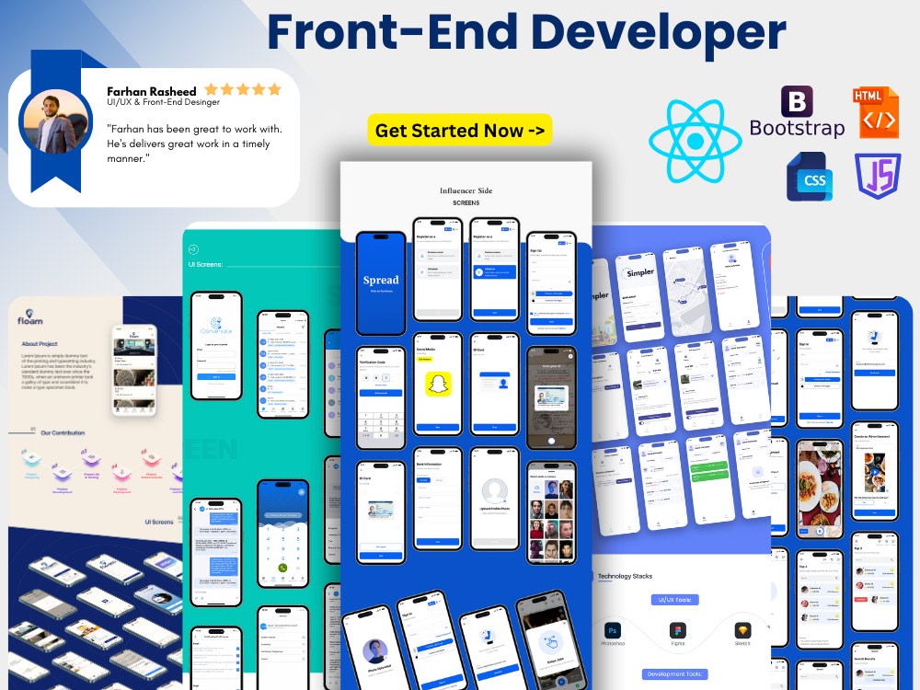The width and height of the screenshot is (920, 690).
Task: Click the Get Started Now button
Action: pos(460,131)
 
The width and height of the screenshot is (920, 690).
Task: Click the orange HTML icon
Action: pos(875,112)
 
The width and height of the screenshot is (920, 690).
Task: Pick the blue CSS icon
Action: pos(810,177)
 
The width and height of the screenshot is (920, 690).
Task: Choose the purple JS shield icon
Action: pos(878,176)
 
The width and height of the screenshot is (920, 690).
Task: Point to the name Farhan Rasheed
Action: pos(151,90)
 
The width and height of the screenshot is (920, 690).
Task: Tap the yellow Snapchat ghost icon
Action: pos(438,382)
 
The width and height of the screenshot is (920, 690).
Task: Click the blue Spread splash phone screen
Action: pos(381,282)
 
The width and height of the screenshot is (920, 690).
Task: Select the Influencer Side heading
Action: pos(466,190)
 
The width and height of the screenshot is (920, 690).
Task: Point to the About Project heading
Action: pos(42,344)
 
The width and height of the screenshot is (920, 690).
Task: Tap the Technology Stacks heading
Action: pos(625,576)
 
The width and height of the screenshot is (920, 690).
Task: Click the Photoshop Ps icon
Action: pos(612,630)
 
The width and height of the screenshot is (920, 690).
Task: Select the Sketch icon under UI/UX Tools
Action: pos(742,630)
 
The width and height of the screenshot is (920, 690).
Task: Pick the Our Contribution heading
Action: pos(63,432)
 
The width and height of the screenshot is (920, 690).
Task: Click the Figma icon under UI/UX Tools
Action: pos(677,630)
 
